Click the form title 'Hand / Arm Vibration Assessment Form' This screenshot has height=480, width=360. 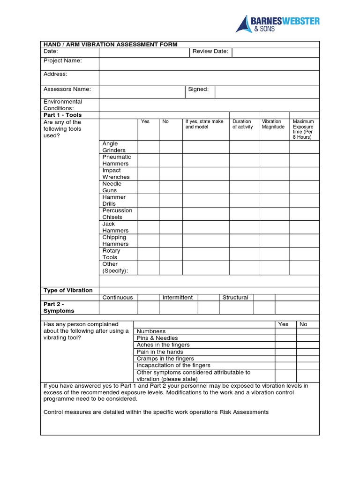pyautogui.click(x=111, y=45)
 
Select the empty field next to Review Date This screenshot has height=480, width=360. pyautogui.click(x=275, y=52)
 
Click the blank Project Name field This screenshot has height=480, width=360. pyautogui.click(x=209, y=64)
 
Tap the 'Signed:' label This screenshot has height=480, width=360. pyautogui.click(x=198, y=89)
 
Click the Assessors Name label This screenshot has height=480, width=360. pyautogui.click(x=67, y=89)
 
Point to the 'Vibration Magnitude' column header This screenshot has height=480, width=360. pyautogui.click(x=273, y=124)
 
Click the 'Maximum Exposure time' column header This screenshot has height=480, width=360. pyautogui.click(x=304, y=129)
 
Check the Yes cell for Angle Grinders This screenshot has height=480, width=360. pyautogui.click(x=148, y=147)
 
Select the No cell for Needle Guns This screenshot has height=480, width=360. pyautogui.click(x=171, y=187)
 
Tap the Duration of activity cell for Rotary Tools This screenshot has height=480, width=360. pyautogui.click(x=244, y=254)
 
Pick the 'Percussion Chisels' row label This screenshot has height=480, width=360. pyautogui.click(x=117, y=214)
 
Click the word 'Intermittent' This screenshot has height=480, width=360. pyautogui.click(x=178, y=298)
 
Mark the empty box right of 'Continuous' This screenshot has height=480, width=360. pyautogui.click(x=148, y=298)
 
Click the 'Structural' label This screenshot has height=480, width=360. pyautogui.click(x=235, y=298)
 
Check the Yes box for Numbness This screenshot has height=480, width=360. pyautogui.click(x=285, y=331)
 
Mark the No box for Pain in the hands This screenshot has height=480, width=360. pyautogui.click(x=307, y=352)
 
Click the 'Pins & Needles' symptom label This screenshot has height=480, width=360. pyautogui.click(x=157, y=338)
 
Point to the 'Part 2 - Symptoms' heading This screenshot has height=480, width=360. pyautogui.click(x=59, y=307)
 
